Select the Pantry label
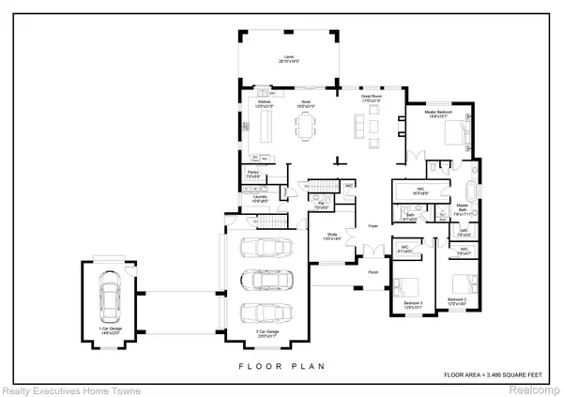(x=253, y=174)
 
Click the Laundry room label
(x=260, y=198)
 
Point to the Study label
(x=332, y=236)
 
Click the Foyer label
(x=372, y=226)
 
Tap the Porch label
(x=373, y=273)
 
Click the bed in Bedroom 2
(x=460, y=284)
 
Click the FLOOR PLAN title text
(x=281, y=367)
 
